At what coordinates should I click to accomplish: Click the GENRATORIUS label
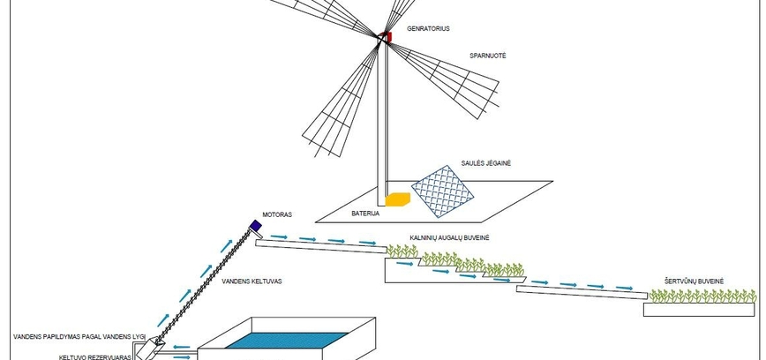[x=429, y=29]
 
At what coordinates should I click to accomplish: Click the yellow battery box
[x=399, y=200]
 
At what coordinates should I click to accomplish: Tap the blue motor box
[x=256, y=227]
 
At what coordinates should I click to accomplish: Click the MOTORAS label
[x=276, y=214]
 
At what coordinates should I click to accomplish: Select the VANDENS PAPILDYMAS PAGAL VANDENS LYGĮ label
[x=78, y=337]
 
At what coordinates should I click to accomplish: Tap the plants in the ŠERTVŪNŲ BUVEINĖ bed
[x=702, y=297]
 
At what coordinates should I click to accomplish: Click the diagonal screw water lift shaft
[x=204, y=283]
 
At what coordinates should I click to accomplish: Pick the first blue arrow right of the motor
[x=278, y=236]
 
